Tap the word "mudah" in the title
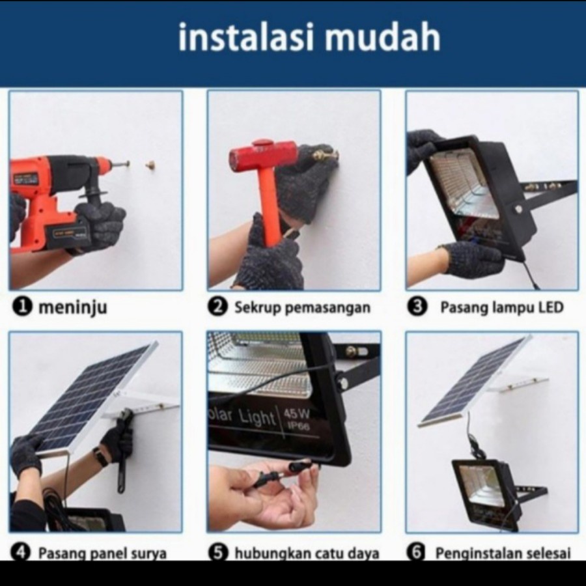point(382,36)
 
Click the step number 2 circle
point(217,307)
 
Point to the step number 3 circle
point(417,307)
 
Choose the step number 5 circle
point(218,552)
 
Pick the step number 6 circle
point(416,552)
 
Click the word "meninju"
point(73,308)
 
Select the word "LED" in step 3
point(550,307)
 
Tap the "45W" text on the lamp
point(297,413)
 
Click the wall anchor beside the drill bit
point(151,163)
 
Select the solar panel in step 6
point(475,380)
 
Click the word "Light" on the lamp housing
point(257,417)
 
